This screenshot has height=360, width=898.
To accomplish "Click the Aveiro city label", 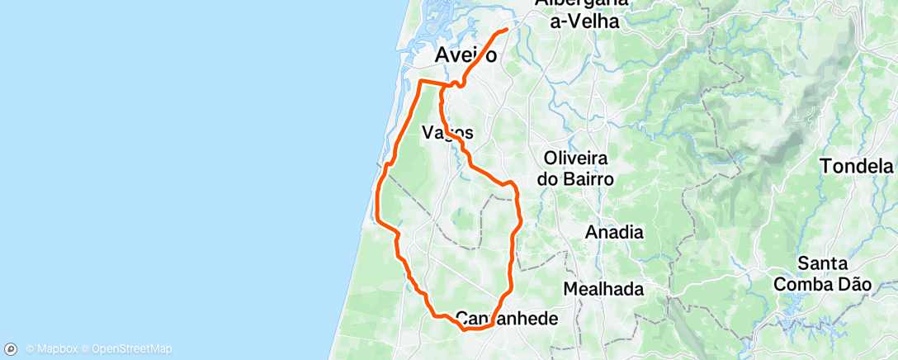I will tap(466, 56).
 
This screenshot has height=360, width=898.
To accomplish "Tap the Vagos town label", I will tap(447, 132).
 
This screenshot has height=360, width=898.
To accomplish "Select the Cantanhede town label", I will tap(507, 318).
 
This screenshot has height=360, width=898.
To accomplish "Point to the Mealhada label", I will tap(603, 289).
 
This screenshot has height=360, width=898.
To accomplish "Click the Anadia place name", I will tap(613, 232).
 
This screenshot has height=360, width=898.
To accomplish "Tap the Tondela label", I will tap(857, 166).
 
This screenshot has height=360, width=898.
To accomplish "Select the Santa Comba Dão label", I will tap(834, 273).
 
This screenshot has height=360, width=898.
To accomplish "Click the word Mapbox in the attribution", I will tap(55, 349).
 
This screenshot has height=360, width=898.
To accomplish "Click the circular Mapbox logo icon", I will tap(12, 349).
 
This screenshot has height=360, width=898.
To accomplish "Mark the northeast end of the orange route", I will tap(505, 31).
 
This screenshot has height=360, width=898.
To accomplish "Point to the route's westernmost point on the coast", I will tap(377, 219).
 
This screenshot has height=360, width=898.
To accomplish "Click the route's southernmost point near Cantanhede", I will tap(466, 329).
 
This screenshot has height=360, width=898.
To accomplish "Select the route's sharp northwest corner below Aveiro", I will tap(421, 81).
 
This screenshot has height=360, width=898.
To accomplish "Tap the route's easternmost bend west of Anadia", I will tap(521, 219).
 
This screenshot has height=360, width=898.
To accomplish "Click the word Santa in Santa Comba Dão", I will tap(822, 263).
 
